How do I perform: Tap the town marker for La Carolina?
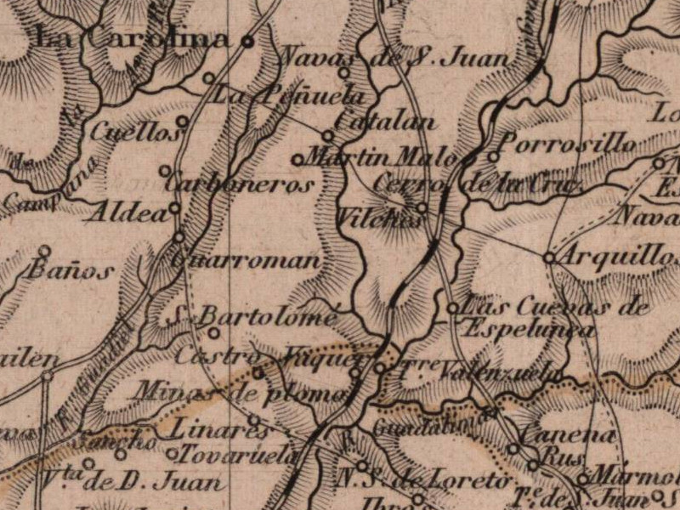coord(247,40)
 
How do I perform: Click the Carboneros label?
coord(240,184)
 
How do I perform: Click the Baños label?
coord(70,272)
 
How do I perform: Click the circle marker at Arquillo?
coord(549,256)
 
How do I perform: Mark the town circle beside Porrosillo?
coord(494,156)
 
